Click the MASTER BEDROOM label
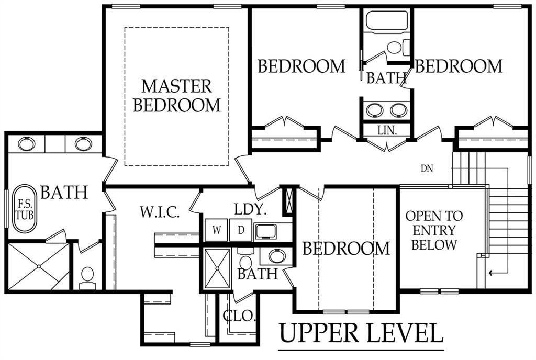click(177, 96)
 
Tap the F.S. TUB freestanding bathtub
click(24, 209)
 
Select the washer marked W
click(216, 230)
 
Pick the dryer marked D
click(241, 230)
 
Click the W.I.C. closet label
click(160, 212)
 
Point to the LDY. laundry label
click(250, 209)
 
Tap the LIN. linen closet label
click(387, 130)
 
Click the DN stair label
click(427, 168)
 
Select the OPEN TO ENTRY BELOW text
click(434, 230)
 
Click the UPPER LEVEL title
click(361, 333)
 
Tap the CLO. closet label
click(239, 316)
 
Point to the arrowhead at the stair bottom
click(491, 273)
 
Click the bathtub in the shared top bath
click(387, 21)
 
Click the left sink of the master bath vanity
click(27, 144)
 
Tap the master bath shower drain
click(39, 266)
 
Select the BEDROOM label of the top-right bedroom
click(459, 66)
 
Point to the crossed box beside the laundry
click(289, 200)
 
